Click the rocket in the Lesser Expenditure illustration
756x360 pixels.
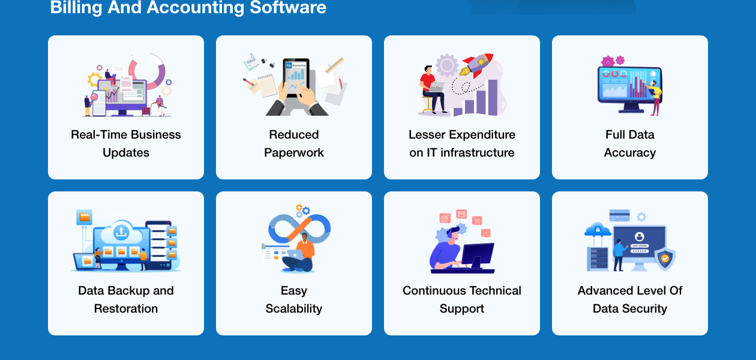pos(476,64)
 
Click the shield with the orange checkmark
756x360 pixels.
pos(664,259)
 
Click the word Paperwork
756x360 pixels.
pos(294,152)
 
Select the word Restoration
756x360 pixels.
pos(126,308)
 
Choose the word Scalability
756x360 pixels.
pos(294,308)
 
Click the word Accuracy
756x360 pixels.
pos(630,152)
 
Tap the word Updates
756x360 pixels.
pos(126,152)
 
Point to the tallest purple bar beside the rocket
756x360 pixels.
pos(493,97)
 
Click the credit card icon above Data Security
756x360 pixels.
pos(619,215)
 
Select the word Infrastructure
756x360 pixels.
pos(478,152)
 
